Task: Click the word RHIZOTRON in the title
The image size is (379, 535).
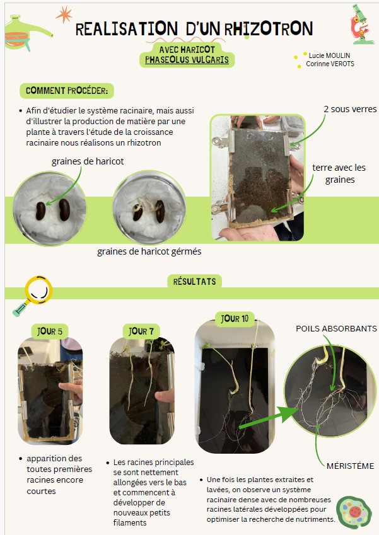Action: point(269,28)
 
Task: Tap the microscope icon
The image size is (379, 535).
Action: point(361,24)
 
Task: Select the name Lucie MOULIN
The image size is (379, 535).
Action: point(329,55)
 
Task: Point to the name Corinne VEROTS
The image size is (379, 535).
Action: point(330,64)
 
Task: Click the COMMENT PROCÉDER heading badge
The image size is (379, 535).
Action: point(67,91)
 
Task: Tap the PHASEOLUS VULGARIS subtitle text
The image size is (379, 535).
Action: point(187,60)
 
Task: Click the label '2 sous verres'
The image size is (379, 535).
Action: point(350,109)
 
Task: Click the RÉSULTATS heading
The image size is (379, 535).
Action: point(195,282)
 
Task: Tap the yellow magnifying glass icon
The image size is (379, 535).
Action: point(33,295)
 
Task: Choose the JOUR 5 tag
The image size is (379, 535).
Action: point(50,331)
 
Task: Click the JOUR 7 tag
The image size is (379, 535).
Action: point(141,331)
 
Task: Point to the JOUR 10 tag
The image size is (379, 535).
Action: point(235,319)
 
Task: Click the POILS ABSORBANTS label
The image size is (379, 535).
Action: point(336,328)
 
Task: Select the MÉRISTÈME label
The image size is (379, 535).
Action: point(351,466)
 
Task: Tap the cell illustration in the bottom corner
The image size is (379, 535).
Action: point(354,512)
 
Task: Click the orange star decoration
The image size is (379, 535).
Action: point(64,14)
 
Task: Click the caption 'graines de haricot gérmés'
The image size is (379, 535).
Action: point(149,251)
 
